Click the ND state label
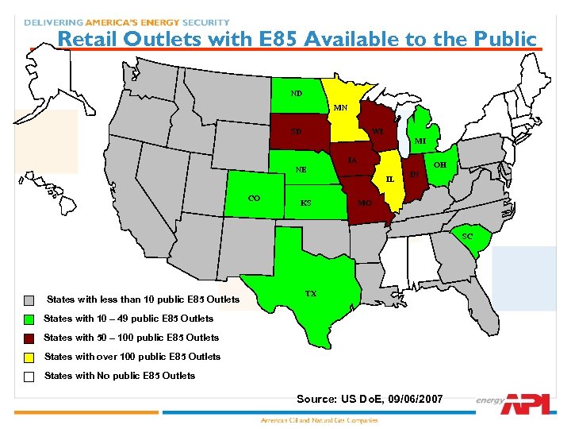pyautogui.click(x=296, y=93)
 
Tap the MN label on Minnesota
pyautogui.click(x=340, y=108)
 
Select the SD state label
pyautogui.click(x=296, y=131)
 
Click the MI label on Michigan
pyautogui.click(x=420, y=141)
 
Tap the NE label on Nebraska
pyautogui.click(x=301, y=169)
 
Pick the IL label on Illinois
pyautogui.click(x=389, y=180)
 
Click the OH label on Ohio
pyautogui.click(x=439, y=164)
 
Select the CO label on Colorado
pyautogui.click(x=255, y=198)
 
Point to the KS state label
pyautogui.click(x=305, y=203)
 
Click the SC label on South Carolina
pyautogui.click(x=467, y=236)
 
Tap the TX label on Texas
pyautogui.click(x=311, y=293)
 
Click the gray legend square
pyautogui.click(x=29, y=300)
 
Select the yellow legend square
pyautogui.click(x=29, y=357)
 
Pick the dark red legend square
pyautogui.click(x=29, y=338)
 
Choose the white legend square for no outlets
pyautogui.click(x=29, y=376)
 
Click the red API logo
pyautogui.click(x=525, y=403)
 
